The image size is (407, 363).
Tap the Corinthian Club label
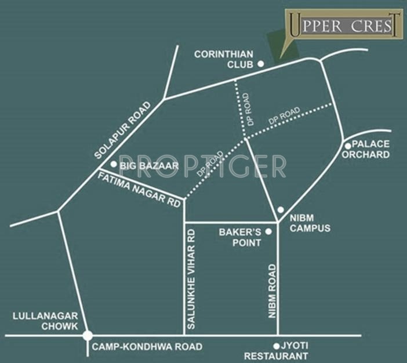[224, 59]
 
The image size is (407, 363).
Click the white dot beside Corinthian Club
[260, 64]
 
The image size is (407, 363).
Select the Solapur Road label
[122, 130]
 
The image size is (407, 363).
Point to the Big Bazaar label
[149, 166]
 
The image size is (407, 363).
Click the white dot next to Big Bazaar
[114, 165]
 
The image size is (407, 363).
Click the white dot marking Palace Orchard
[347, 146]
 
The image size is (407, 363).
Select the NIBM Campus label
[310, 223]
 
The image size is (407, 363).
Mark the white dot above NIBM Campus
[280, 209]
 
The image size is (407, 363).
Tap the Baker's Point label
[239, 237]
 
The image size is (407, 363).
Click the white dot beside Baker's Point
[268, 232]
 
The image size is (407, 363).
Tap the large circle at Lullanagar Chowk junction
[88, 335]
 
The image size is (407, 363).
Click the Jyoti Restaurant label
[276, 351]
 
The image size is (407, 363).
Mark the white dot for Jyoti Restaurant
[277, 345]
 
